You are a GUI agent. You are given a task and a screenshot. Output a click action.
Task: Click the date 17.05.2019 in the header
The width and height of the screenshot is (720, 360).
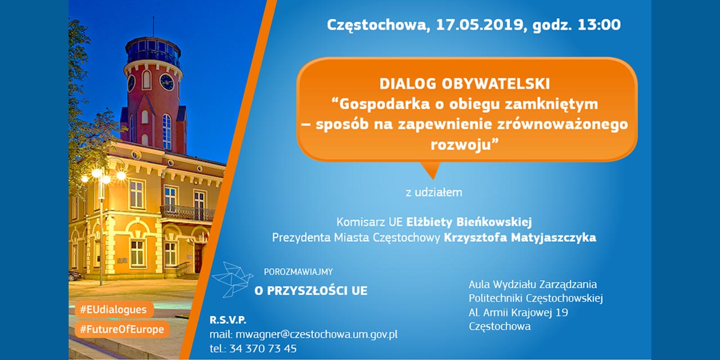[480, 25]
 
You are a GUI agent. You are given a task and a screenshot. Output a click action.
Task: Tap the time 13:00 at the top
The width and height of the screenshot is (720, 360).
[599, 25]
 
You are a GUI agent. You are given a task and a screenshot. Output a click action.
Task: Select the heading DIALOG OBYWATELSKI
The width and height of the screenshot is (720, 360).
[465, 84]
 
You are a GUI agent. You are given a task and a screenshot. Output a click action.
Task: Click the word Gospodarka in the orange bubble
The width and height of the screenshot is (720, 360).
[384, 104]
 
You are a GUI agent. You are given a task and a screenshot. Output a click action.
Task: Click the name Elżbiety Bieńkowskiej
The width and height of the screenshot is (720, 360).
[469, 222]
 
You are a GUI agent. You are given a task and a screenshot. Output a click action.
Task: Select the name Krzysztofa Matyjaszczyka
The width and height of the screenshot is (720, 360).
[520, 238]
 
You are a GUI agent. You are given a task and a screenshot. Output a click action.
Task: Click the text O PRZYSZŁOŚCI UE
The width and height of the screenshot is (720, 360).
[311, 291]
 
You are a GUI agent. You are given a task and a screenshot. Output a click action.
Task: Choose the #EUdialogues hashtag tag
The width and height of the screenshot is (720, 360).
[114, 310]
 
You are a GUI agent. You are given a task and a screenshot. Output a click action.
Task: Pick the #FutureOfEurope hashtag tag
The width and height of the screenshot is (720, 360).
[122, 330]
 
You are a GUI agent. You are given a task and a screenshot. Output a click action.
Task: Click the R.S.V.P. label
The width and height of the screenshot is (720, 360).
[228, 320]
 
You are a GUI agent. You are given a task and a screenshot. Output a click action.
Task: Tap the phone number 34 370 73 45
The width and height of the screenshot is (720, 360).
[263, 348]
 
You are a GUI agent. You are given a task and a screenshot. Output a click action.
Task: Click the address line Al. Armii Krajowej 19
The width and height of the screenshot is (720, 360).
[518, 312]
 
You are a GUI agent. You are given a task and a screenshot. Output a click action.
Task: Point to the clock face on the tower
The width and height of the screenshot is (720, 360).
[166, 82]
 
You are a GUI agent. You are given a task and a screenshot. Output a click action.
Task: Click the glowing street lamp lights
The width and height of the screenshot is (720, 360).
[103, 175]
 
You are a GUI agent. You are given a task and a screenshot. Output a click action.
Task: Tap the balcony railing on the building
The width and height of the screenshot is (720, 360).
[187, 213]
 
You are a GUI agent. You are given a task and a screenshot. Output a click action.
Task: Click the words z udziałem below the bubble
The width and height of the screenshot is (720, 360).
[434, 192]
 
